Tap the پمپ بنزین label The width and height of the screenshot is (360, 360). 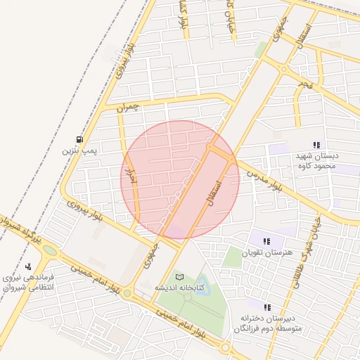[79, 150]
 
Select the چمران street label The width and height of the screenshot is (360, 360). [129, 106]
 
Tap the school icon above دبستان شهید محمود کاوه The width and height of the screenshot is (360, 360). [316, 145]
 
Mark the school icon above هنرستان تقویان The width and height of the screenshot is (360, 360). [266, 241]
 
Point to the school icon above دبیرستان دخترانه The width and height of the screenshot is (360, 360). [267, 307]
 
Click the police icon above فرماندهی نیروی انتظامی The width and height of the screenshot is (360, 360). [28, 266]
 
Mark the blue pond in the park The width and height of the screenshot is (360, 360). [202, 288]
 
